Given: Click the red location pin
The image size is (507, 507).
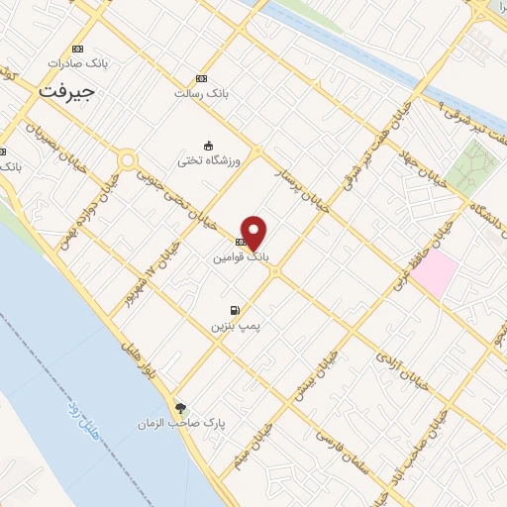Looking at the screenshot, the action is [254, 232].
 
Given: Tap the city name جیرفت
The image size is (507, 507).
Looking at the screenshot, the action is [68, 90].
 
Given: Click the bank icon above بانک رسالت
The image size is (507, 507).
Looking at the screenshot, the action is [202, 78].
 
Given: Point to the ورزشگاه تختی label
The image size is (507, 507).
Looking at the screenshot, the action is [203, 159].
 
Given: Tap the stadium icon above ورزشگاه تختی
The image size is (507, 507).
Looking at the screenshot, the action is [208, 144].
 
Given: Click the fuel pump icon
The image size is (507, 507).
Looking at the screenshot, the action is [235, 310].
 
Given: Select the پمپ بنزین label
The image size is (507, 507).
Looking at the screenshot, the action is [236, 325].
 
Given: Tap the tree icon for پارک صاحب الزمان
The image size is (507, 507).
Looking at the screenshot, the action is [180, 407].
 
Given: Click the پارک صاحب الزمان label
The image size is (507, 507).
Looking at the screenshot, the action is [196, 423].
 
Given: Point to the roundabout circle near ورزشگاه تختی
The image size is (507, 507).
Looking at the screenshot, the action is [128, 159].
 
